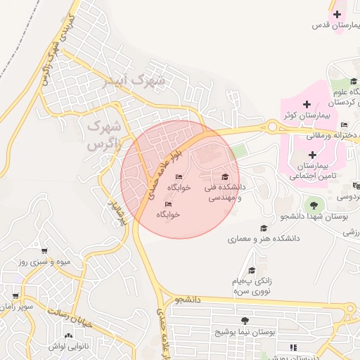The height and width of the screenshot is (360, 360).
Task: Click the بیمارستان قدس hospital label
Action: click(x=335, y=25)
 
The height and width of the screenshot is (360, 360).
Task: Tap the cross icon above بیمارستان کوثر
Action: click(x=307, y=105)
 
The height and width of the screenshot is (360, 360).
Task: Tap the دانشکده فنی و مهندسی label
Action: click(x=224, y=193)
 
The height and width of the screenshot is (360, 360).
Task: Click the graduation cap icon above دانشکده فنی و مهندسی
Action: click(x=225, y=177)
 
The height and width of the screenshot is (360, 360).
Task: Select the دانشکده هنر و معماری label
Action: click(x=264, y=239)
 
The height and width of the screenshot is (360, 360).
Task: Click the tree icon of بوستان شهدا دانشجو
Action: click(x=314, y=205)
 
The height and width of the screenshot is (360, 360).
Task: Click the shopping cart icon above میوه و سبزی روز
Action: click(x=44, y=251)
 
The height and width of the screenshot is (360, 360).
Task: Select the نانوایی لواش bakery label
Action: click(x=67, y=346)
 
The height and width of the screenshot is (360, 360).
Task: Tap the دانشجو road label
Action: click(x=188, y=300)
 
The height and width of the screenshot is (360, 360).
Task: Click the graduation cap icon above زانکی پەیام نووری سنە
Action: click(x=251, y=271)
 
